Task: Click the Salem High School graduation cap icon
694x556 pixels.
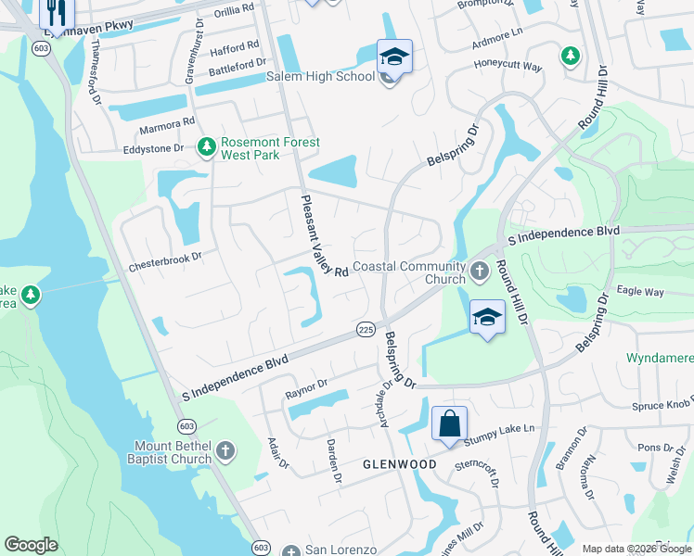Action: (x=394, y=57)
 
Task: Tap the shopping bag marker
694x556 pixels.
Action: (x=449, y=424)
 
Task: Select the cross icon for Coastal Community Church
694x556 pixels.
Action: (x=479, y=272)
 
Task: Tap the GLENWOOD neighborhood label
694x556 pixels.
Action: (x=399, y=463)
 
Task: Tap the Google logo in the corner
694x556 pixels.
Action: (x=31, y=545)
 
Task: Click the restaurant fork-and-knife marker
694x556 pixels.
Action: (x=56, y=12)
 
